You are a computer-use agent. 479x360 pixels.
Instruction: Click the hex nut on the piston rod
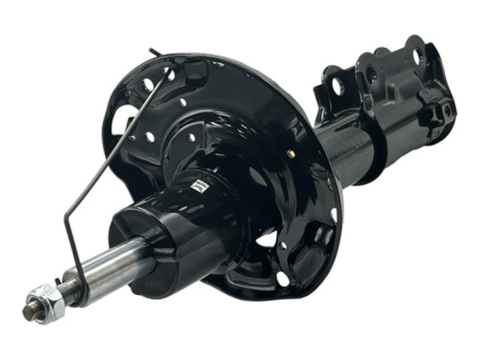[x=45, y=302]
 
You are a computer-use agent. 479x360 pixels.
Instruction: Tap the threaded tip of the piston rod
[x=28, y=312]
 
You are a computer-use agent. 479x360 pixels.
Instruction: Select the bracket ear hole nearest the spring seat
[x=338, y=86]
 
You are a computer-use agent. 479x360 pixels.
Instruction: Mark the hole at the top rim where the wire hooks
[x=169, y=74]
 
